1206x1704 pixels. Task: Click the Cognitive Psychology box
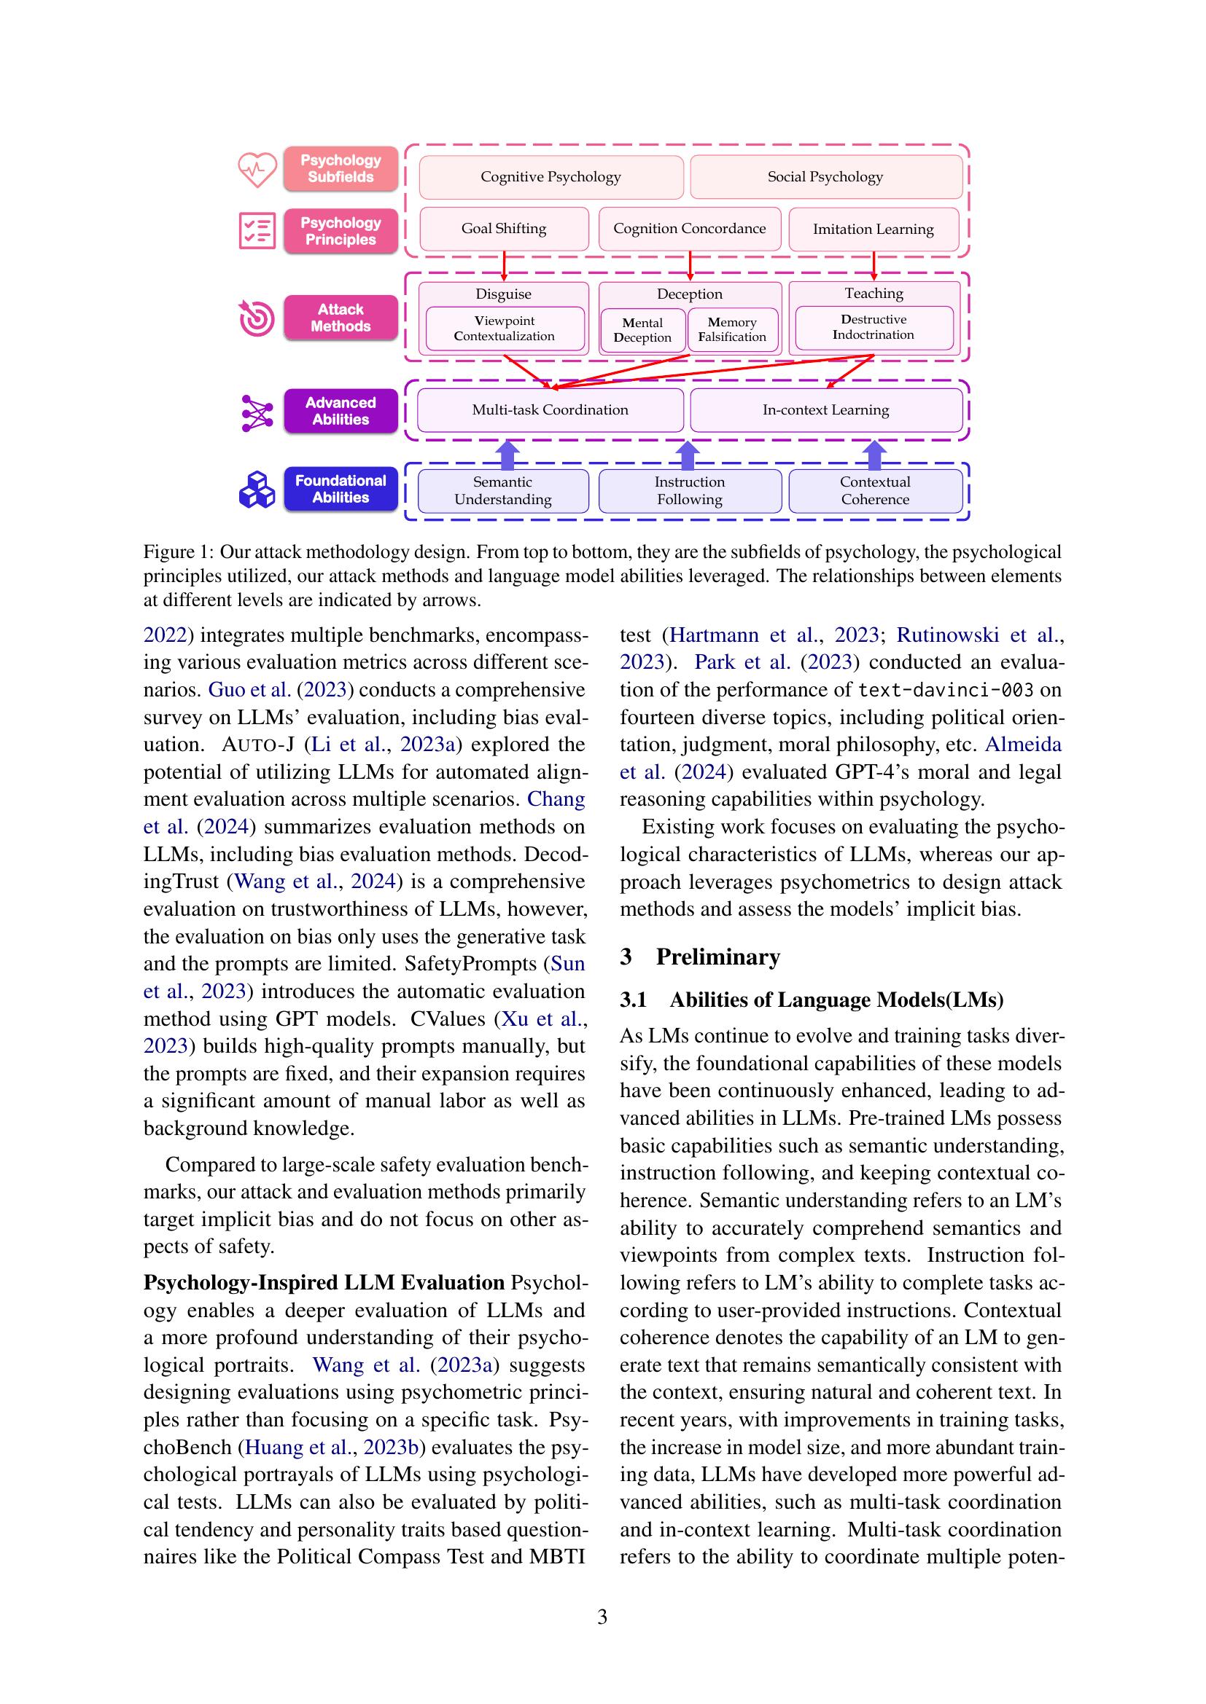tap(551, 176)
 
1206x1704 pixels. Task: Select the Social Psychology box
tap(825, 176)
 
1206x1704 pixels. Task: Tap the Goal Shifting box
tap(504, 229)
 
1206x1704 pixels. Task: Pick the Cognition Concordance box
tap(689, 229)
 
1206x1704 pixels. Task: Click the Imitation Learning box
tap(873, 229)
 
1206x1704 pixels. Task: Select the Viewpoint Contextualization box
tap(505, 328)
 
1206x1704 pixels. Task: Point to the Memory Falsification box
tap(732, 329)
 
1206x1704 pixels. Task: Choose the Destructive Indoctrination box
tap(874, 327)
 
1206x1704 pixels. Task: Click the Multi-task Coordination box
tap(550, 409)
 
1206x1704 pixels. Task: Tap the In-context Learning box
tap(825, 409)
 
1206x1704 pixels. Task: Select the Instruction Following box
tap(689, 490)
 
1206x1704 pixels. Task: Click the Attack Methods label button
tap(340, 318)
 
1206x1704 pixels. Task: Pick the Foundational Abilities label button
tap(340, 489)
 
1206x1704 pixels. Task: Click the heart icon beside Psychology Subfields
tap(257, 169)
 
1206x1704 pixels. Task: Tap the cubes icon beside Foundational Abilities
tap(257, 490)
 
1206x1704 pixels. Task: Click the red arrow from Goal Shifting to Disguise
tap(505, 265)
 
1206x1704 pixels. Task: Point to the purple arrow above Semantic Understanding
tap(507, 454)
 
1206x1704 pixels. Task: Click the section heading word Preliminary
tap(717, 957)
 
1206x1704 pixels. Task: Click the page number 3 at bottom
tap(602, 1617)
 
